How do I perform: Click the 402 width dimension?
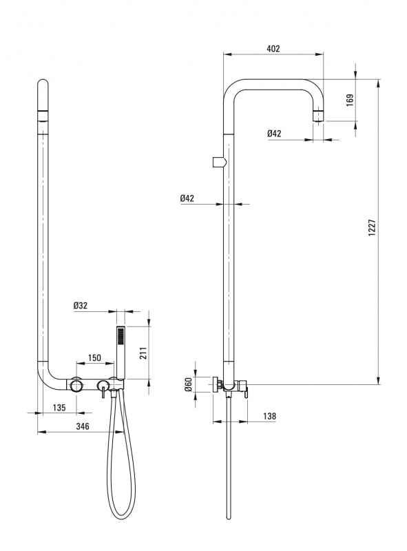[x=273, y=49]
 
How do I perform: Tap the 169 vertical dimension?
[x=350, y=100]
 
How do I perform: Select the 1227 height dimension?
[x=372, y=228]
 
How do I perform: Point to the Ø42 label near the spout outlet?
[x=274, y=134]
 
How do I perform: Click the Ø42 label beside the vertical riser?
[x=187, y=198]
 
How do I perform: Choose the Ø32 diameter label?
[x=81, y=305]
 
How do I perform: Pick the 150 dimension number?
[x=94, y=357]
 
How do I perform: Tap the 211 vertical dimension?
[x=143, y=353]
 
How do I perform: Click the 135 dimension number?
[x=59, y=408]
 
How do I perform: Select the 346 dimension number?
[x=83, y=426]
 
